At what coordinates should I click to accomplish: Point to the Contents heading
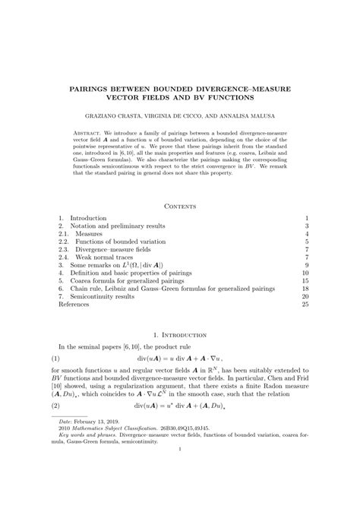pos(180,205)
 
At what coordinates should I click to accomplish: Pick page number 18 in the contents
pos(305,289)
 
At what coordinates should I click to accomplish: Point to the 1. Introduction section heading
pos(180,334)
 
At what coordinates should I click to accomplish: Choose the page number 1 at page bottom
pos(180,492)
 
